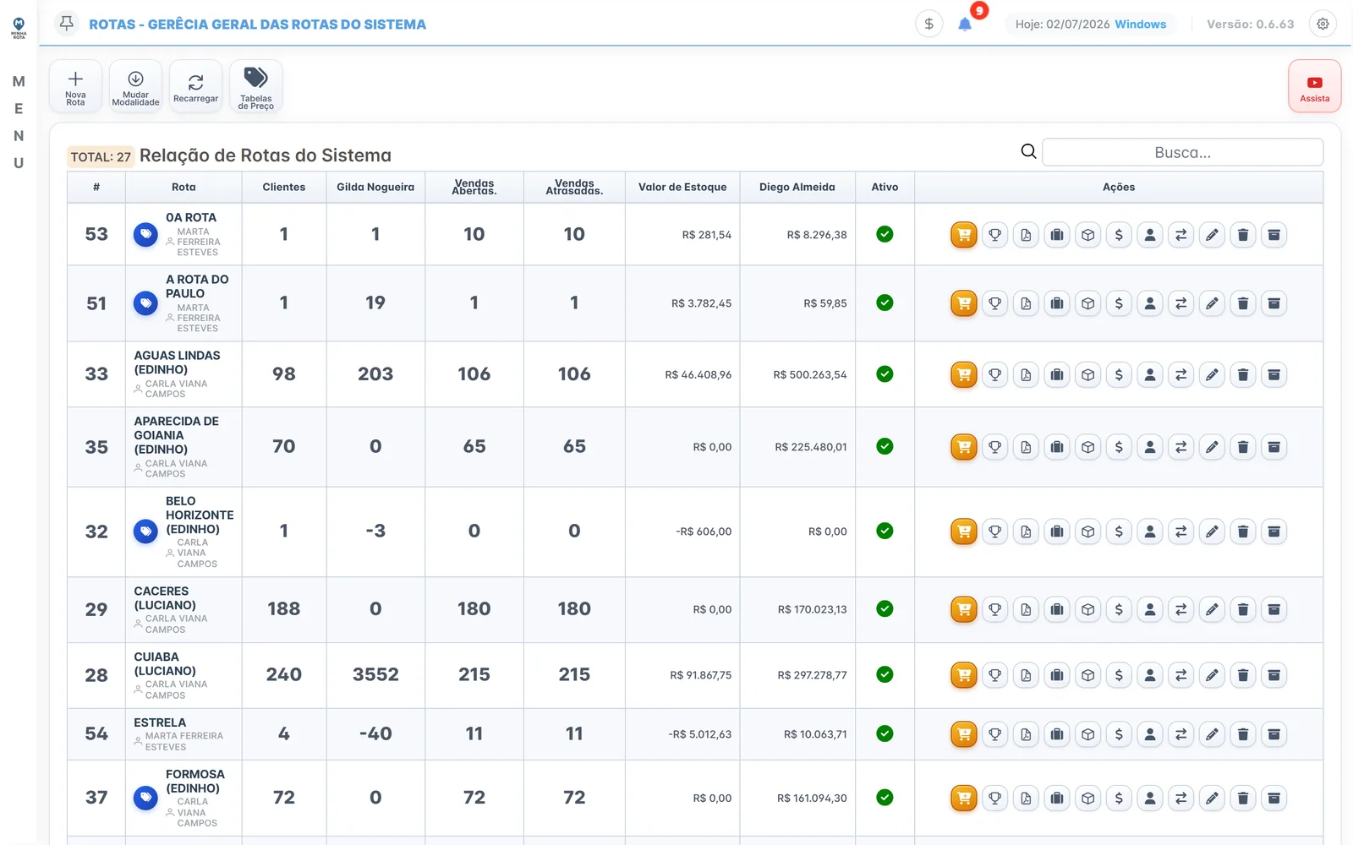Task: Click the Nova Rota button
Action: click(75, 86)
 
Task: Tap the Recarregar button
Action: click(195, 86)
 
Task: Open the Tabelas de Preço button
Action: click(256, 86)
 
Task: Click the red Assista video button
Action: click(1314, 86)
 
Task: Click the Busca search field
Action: click(1182, 152)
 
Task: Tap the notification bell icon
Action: click(965, 25)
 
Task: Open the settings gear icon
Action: click(1323, 25)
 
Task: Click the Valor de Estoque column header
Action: click(682, 187)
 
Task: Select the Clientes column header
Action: click(284, 187)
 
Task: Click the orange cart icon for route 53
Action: click(963, 235)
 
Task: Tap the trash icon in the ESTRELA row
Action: click(1242, 734)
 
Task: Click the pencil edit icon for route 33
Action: click(1212, 375)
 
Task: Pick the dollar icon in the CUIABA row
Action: click(1119, 675)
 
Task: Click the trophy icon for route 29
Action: click(994, 609)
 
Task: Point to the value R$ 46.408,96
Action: click(698, 375)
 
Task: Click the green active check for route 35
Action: click(885, 447)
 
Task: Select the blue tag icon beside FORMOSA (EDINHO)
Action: click(145, 798)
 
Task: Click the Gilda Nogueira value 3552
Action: click(375, 675)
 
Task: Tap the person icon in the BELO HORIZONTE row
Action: click(1149, 532)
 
